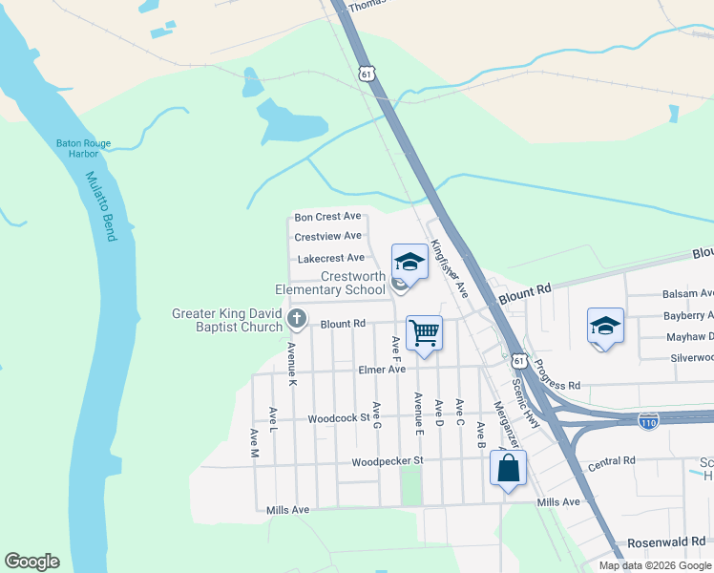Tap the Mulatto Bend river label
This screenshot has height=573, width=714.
[x=100, y=206]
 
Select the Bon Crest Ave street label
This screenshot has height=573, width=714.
[x=327, y=217]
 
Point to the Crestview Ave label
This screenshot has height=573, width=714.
[x=327, y=236]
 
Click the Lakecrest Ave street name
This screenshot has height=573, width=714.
[x=330, y=258]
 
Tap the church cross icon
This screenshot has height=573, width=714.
[x=297, y=318]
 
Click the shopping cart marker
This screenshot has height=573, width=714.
[x=424, y=332]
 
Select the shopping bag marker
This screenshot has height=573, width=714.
[x=508, y=468]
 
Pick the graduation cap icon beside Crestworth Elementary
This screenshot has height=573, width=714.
[x=409, y=261]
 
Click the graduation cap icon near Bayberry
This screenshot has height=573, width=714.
[x=605, y=325]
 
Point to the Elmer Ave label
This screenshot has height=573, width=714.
[x=382, y=370]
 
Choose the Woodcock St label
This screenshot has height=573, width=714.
[x=339, y=418]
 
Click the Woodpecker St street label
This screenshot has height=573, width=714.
[x=387, y=461]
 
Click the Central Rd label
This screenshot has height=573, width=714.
[x=611, y=463]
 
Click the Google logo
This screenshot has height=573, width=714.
[x=31, y=562]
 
